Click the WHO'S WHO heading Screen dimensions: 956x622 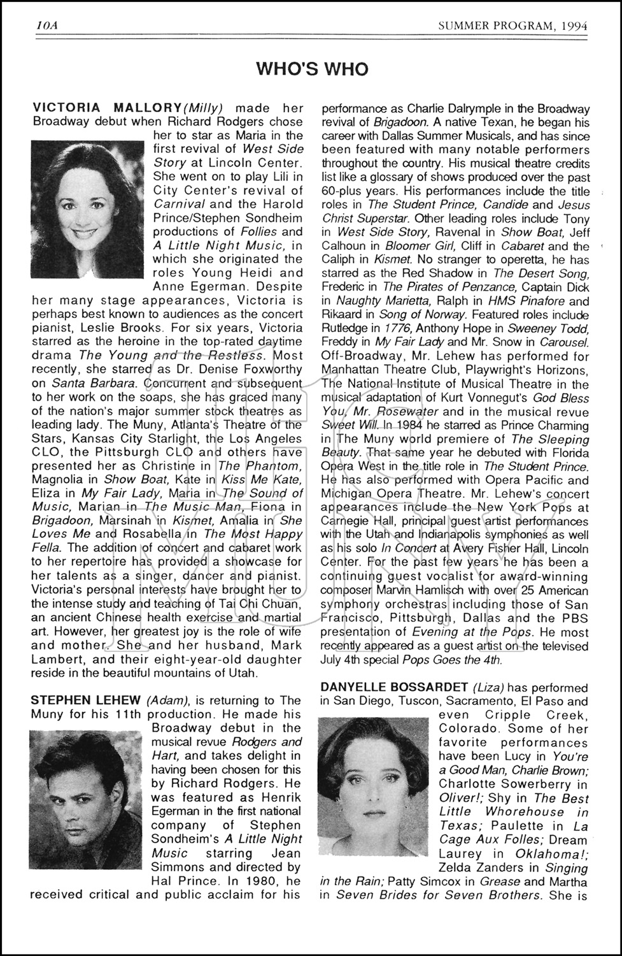[x=312, y=69]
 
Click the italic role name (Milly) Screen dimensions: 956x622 [x=203, y=108]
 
